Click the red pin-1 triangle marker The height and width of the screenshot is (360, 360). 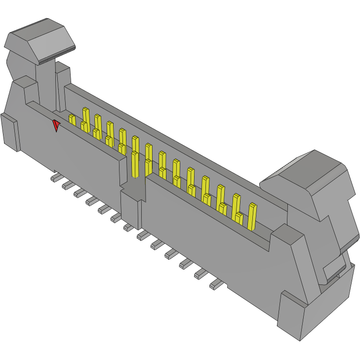point(56,125)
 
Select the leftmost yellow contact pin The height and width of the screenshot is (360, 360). point(72,120)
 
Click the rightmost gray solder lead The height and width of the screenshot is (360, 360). point(216,284)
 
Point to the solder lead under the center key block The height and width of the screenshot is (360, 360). point(128,227)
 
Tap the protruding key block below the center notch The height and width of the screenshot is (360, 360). point(130,207)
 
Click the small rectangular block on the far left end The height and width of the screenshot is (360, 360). point(9,132)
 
